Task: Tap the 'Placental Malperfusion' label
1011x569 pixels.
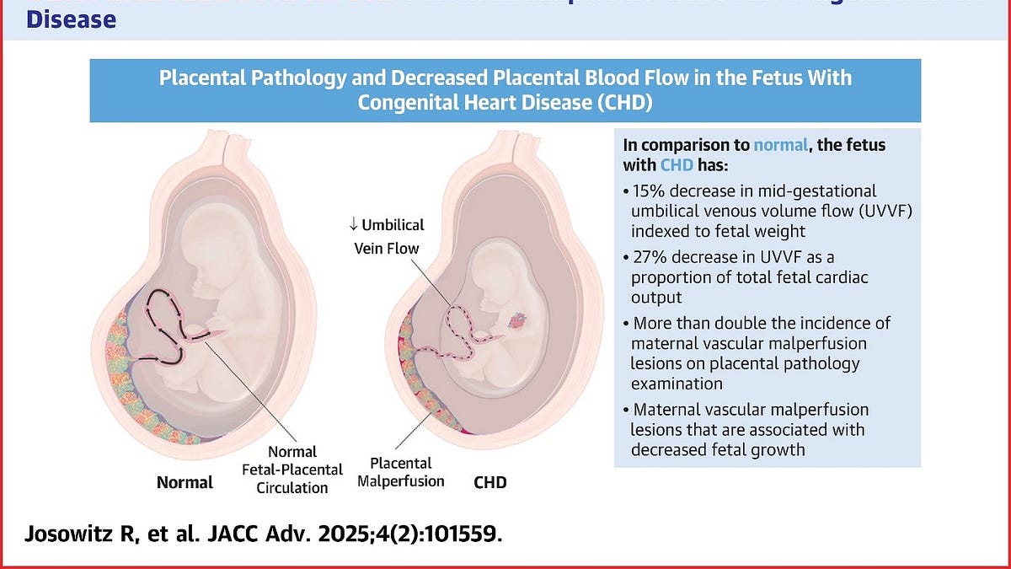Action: point(400,472)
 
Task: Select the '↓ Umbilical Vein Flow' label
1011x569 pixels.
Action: point(387,237)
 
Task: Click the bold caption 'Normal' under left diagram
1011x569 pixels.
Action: point(185,483)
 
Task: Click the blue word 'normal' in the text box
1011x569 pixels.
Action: point(781,145)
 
